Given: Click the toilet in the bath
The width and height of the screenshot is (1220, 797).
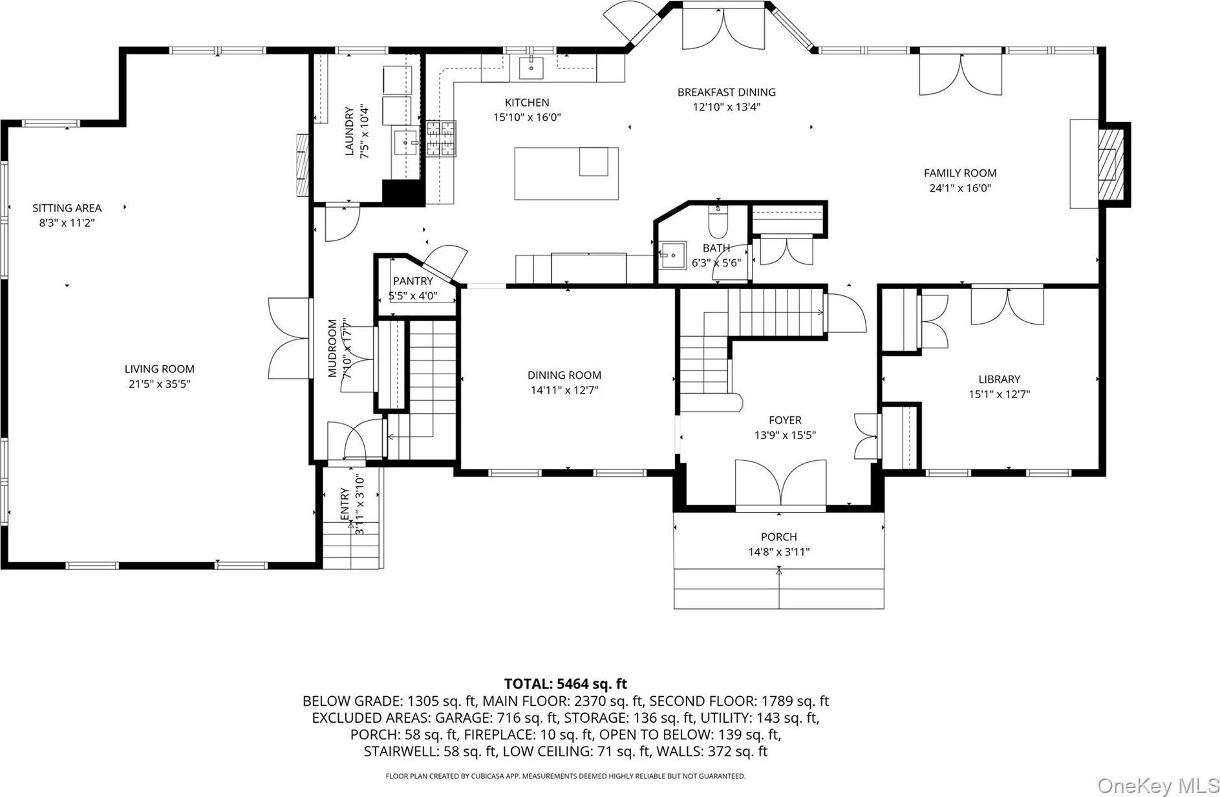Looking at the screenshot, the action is (718, 220).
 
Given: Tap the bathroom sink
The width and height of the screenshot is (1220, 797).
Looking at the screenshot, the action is (672, 253).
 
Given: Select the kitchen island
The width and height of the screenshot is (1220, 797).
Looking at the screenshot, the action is (566, 173).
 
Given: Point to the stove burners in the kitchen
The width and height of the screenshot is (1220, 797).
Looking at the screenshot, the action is (441, 139).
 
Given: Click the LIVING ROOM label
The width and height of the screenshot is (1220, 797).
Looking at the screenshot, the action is (160, 369).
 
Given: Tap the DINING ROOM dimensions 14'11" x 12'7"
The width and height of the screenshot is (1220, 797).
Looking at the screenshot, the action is (565, 390).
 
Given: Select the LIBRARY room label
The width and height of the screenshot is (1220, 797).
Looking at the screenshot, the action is (1000, 379).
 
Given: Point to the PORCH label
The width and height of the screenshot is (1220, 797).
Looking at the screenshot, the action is (779, 537).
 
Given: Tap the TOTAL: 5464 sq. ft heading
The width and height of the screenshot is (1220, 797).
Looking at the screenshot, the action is (566, 684).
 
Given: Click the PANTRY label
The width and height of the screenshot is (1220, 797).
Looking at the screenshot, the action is (413, 281).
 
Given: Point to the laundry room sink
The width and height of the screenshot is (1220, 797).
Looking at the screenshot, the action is (405, 140).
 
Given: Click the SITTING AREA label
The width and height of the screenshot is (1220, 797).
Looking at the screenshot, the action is (67, 208).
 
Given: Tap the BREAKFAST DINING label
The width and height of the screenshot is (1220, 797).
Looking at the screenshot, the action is (727, 92).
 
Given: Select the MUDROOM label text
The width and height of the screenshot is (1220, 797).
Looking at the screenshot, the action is (332, 348).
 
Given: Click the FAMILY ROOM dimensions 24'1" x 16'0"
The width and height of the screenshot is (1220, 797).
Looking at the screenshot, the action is (960, 189).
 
